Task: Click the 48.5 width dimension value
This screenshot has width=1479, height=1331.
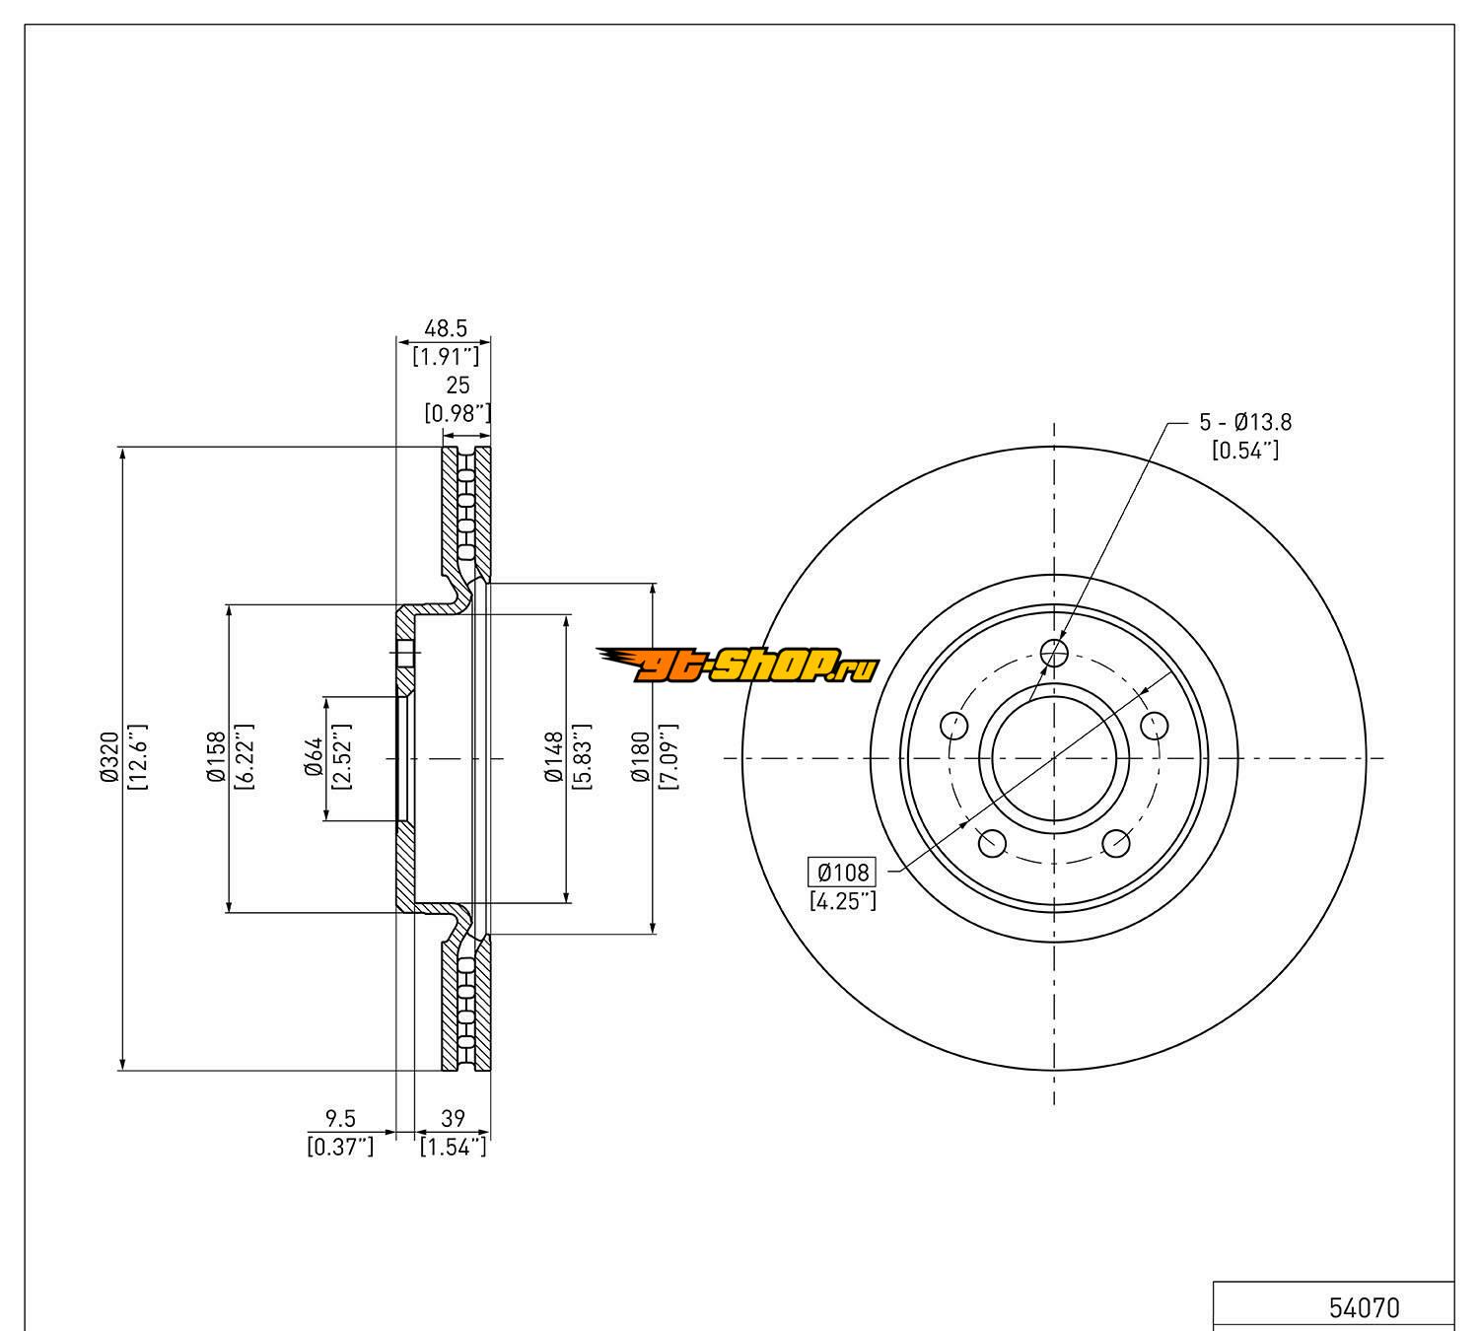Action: (445, 328)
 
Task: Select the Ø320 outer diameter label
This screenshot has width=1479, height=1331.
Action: (109, 758)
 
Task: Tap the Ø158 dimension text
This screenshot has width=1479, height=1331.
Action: (217, 758)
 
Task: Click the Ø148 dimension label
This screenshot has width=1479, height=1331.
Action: (555, 758)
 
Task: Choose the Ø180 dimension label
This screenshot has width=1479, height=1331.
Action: (642, 758)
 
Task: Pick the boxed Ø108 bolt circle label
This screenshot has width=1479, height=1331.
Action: (842, 872)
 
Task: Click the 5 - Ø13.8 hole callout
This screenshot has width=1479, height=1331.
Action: (1245, 423)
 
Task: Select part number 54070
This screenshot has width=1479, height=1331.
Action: (1364, 1308)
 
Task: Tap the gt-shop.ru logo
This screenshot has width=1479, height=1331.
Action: (737, 666)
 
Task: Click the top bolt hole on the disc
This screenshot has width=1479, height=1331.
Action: (1055, 652)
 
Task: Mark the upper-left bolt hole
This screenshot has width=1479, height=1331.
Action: (954, 726)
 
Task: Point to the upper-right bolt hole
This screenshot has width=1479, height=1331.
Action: (1155, 726)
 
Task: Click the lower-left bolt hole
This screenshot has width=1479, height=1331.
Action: (992, 843)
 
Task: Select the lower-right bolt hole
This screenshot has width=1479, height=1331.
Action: (1116, 843)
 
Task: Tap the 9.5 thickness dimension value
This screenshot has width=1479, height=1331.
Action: (340, 1118)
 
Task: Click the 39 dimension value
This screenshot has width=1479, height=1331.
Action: (453, 1118)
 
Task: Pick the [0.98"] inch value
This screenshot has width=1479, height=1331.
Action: (458, 413)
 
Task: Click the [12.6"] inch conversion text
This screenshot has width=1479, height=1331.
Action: (137, 758)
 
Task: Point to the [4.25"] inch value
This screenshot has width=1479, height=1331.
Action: (842, 900)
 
